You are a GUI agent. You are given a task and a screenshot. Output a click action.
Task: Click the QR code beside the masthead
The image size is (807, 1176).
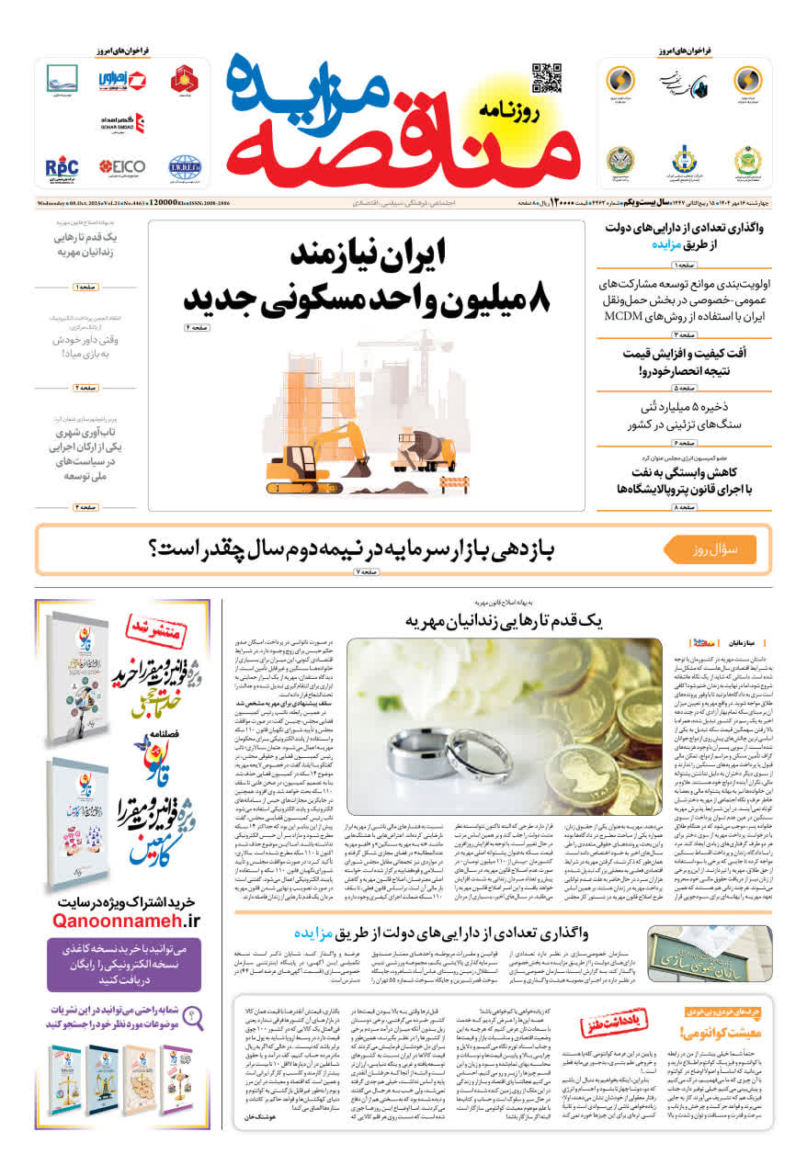point(546,77)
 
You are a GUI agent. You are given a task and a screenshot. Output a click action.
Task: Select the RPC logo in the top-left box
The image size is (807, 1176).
point(62,168)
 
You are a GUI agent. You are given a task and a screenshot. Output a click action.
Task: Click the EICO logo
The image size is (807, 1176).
point(122,167)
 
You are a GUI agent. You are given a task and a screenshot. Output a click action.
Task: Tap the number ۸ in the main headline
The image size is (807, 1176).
point(541,297)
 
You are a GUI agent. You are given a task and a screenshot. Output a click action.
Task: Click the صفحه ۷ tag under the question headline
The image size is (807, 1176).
point(366,572)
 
